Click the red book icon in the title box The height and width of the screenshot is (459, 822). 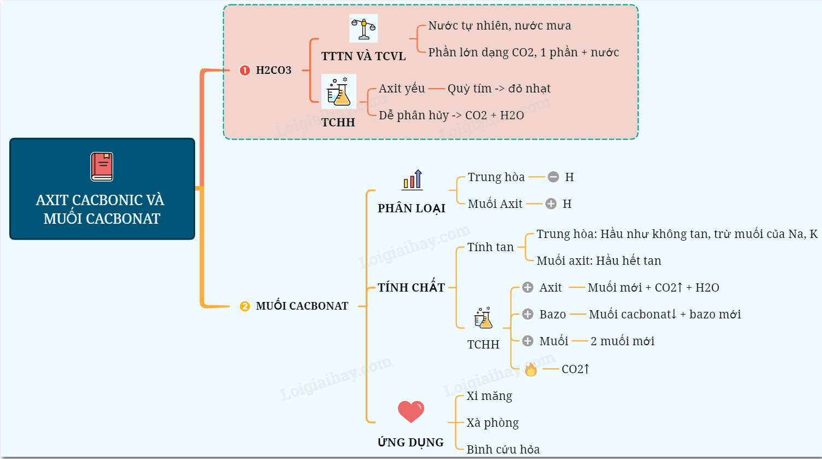(x=102, y=166)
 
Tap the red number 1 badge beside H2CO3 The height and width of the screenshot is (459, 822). (x=245, y=71)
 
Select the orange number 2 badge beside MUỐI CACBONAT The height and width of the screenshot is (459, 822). (x=245, y=306)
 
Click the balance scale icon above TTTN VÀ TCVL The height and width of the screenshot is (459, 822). (x=363, y=28)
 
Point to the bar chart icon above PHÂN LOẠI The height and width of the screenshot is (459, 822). (x=413, y=179)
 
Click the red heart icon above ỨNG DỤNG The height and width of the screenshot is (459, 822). (x=411, y=412)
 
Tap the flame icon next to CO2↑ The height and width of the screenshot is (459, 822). (x=531, y=370)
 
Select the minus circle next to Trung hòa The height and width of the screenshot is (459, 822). (x=553, y=177)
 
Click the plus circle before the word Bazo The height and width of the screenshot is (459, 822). (x=527, y=314)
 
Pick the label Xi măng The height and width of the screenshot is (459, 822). (x=489, y=396)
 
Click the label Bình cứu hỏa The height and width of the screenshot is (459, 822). (x=503, y=450)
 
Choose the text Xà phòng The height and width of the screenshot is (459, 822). (x=492, y=423)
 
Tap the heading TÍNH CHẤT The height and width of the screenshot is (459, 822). (x=411, y=287)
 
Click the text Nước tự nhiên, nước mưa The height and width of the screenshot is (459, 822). (x=500, y=26)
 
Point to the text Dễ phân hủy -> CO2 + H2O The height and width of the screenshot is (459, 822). (x=451, y=115)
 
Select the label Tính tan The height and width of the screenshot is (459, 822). (x=490, y=247)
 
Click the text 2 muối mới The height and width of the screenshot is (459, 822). (x=623, y=341)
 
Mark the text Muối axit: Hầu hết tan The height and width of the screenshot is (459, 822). (x=598, y=261)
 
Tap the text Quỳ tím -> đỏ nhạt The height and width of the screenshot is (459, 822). (x=498, y=89)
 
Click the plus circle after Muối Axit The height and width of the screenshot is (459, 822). (x=551, y=204)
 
